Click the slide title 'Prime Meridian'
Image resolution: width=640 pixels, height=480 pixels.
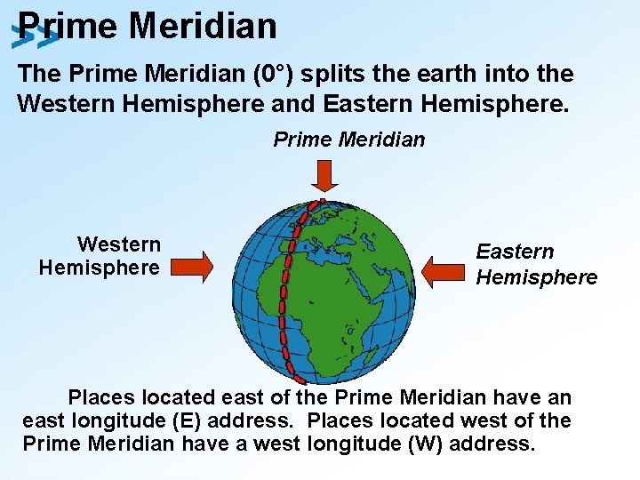pos(147,26)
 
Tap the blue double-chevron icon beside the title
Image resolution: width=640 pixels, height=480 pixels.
pos(34,37)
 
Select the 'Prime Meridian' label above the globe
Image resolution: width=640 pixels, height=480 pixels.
pos(348,140)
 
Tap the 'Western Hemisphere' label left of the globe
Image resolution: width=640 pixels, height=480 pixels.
pos(100,256)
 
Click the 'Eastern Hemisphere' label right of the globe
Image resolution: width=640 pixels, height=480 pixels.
pos(536,265)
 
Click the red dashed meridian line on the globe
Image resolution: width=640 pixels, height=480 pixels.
pos(286,284)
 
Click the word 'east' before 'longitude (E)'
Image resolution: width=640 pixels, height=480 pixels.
pos(44,420)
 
